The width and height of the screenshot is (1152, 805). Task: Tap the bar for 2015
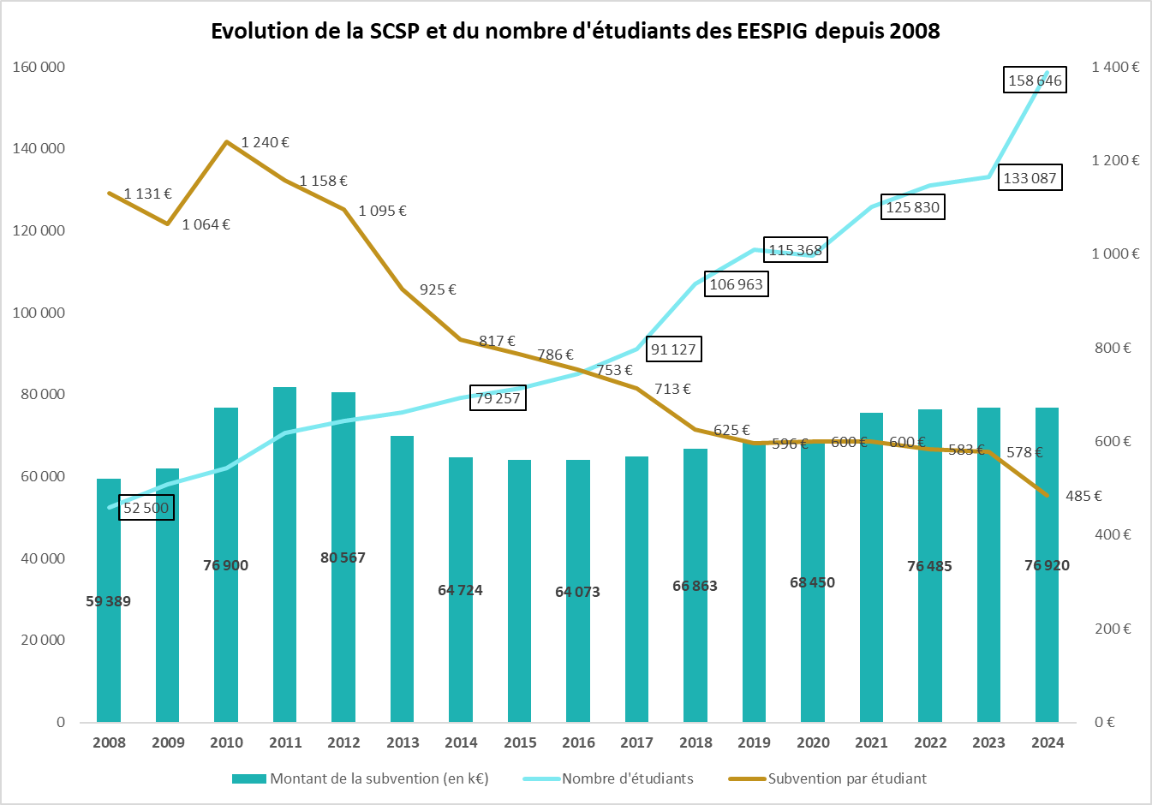click(x=519, y=599)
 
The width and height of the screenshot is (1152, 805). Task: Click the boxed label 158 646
click(x=1035, y=80)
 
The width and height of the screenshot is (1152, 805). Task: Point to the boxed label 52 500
click(x=146, y=508)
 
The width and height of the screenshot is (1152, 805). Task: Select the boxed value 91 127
click(x=673, y=349)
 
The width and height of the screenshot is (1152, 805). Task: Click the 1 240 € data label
click(x=265, y=142)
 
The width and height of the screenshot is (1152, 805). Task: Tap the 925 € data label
click(x=438, y=289)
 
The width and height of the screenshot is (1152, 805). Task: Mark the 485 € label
click(x=1083, y=496)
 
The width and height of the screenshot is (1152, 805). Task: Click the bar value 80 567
click(x=343, y=558)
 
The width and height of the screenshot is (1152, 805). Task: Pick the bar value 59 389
click(x=109, y=601)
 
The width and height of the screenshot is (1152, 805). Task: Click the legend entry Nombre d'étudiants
click(x=627, y=778)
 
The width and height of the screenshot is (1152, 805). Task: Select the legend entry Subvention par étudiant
click(x=846, y=778)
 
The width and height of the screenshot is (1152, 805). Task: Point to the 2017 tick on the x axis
click(x=636, y=742)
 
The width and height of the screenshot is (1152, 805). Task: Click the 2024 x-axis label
click(x=1048, y=742)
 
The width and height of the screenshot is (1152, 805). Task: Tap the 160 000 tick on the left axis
click(x=39, y=67)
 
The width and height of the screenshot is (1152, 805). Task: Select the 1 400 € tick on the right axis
click(x=1115, y=67)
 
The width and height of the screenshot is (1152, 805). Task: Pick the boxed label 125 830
click(x=912, y=207)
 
